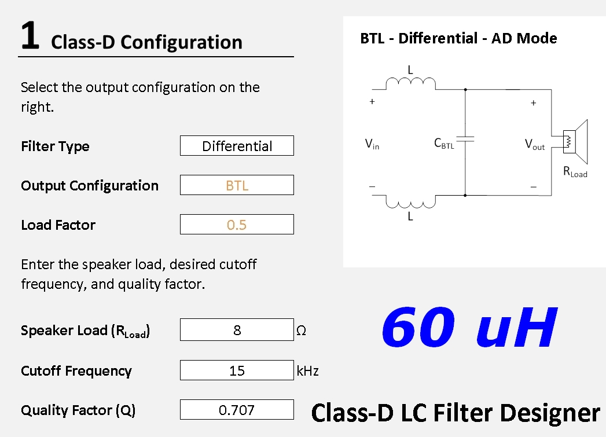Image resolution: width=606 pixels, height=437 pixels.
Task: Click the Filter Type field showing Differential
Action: (237, 146)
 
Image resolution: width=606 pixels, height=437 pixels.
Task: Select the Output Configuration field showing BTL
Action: (237, 185)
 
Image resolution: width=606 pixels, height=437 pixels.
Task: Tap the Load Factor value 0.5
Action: (237, 225)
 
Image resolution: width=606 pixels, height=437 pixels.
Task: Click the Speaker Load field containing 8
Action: (237, 329)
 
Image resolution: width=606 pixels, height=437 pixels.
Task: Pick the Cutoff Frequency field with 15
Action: (237, 370)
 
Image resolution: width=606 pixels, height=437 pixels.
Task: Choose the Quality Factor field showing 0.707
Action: (237, 410)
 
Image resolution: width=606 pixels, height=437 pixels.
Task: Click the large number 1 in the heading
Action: (30, 35)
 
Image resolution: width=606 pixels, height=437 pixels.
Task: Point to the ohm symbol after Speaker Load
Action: (301, 330)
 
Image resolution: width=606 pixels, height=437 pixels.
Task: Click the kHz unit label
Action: (308, 370)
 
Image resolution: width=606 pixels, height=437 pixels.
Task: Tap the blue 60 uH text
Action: (469, 327)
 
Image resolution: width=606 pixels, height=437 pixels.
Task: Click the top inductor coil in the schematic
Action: (410, 83)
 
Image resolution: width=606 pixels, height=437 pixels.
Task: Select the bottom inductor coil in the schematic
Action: (410, 201)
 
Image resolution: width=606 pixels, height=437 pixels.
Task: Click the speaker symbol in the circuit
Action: (575, 142)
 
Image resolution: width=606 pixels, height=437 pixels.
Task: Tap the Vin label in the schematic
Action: (372, 144)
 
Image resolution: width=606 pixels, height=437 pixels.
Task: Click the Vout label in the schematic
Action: (535, 145)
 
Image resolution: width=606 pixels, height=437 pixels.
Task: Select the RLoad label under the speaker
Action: (575, 171)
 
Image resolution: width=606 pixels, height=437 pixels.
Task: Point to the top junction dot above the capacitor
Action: (465, 90)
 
